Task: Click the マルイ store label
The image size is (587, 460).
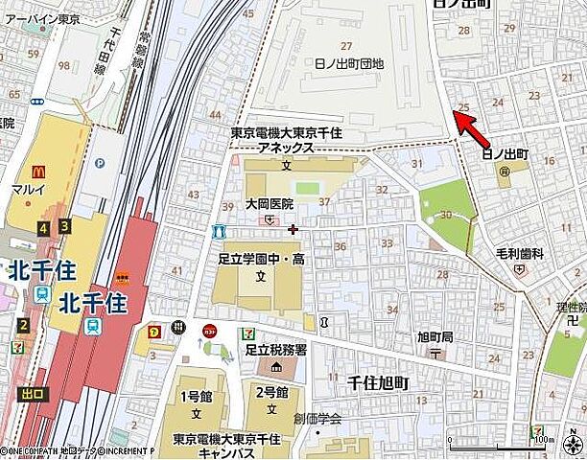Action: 30,189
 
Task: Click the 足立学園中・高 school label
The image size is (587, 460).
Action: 260,259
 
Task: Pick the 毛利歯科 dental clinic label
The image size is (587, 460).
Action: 519,253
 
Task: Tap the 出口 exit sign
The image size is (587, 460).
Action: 32,393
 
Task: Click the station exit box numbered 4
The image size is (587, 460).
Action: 42,227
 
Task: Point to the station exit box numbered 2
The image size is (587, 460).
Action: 23,324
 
